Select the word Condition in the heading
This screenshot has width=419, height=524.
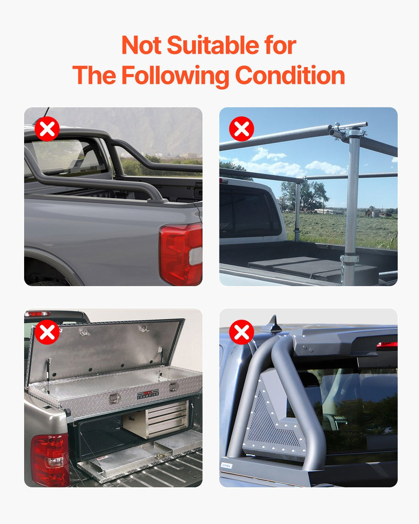[290, 75]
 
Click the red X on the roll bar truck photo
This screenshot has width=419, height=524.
[47, 129]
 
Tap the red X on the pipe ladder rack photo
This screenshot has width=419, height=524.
[241, 129]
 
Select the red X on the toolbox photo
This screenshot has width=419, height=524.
[47, 332]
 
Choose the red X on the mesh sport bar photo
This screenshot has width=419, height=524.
[241, 332]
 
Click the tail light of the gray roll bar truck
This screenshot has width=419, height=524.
[180, 254]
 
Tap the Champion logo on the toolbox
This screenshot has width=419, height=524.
[148, 394]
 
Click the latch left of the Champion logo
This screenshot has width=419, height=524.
[114, 398]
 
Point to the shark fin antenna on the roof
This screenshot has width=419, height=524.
[274, 325]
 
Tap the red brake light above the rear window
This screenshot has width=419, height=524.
[387, 345]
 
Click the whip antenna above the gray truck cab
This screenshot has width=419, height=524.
[46, 112]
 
